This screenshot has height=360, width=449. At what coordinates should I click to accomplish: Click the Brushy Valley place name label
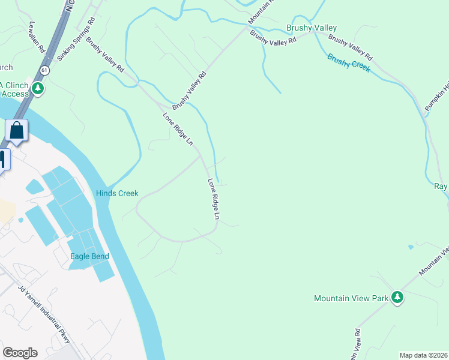point(312,28)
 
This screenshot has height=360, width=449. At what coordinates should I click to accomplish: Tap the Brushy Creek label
point(348,63)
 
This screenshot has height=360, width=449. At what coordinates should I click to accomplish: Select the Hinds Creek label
point(117,193)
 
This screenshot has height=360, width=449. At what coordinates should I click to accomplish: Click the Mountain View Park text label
point(351,298)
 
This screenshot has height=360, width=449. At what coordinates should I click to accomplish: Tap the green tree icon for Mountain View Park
point(396,297)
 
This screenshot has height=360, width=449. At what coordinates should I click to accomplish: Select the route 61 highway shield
point(44,70)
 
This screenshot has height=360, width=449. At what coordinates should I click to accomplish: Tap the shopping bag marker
point(17,130)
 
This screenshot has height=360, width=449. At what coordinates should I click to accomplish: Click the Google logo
point(20,353)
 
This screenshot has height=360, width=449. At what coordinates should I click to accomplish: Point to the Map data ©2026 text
point(423,355)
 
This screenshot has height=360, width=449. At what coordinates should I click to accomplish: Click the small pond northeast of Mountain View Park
point(411,247)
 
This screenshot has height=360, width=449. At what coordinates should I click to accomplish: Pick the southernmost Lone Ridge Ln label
point(214,199)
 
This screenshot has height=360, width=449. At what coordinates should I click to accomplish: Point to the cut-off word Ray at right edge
point(441,187)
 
